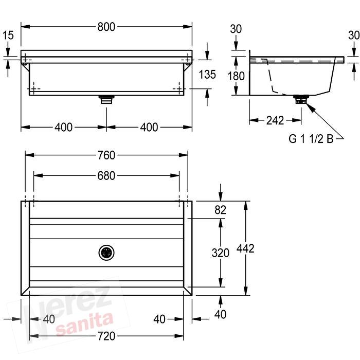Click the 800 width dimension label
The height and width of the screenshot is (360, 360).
pyautogui.click(x=106, y=27)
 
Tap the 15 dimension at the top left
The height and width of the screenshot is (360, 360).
pyautogui.click(x=8, y=35)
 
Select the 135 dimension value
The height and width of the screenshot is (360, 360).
pyautogui.click(x=207, y=75)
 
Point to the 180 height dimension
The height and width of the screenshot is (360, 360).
pyautogui.click(x=236, y=76)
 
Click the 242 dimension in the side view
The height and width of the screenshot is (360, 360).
pyautogui.click(x=275, y=120)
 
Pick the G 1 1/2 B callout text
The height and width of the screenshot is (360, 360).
pyautogui.click(x=311, y=139)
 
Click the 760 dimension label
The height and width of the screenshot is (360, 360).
pyautogui.click(x=106, y=155)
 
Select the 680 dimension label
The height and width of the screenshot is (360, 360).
pyautogui.click(x=106, y=176)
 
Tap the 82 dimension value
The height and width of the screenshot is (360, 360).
pyautogui.click(x=221, y=210)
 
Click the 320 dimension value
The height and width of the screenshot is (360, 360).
pyautogui.click(x=221, y=253)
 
